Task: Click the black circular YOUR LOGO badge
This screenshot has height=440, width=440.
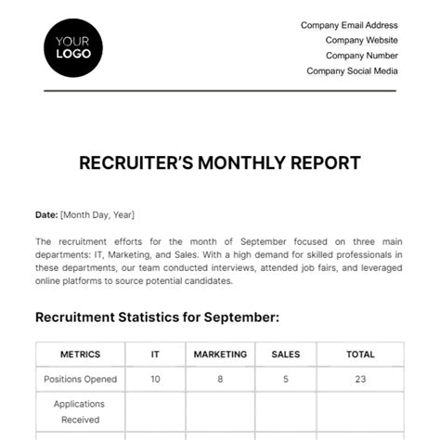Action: tap(73, 47)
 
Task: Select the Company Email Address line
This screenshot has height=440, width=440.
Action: tap(349, 26)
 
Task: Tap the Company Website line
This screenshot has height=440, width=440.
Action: tap(361, 41)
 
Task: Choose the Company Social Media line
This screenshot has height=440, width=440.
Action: tap(352, 71)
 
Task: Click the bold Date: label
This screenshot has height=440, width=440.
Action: tap(46, 214)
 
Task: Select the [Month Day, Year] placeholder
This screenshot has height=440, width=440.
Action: tap(97, 214)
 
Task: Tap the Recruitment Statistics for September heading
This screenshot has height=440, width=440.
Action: tap(157, 317)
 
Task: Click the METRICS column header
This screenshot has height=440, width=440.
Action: tap(80, 354)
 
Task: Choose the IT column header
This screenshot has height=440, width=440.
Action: tap(155, 354)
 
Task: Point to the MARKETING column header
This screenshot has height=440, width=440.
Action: tap(220, 354)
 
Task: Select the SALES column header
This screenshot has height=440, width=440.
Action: tap(285, 354)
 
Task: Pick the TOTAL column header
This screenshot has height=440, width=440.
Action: tap(360, 354)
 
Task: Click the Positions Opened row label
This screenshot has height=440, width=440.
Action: tap(80, 379)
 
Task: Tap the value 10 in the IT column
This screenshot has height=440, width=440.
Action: tap(155, 379)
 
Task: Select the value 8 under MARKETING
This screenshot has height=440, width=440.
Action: tap(220, 379)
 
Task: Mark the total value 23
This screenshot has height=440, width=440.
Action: tap(360, 379)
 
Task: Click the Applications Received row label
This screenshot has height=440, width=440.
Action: tap(80, 412)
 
